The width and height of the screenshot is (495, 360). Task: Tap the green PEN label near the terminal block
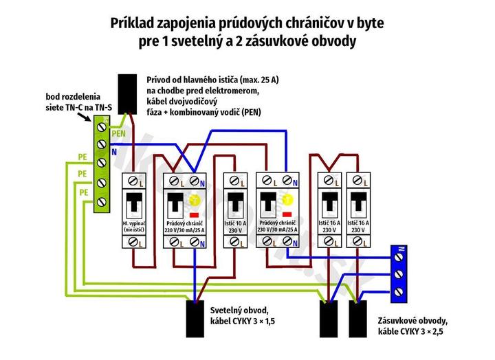(x=119, y=133)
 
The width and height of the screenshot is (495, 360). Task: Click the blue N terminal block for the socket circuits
(x=399, y=273)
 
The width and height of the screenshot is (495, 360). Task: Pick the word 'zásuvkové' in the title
(x=287, y=41)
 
